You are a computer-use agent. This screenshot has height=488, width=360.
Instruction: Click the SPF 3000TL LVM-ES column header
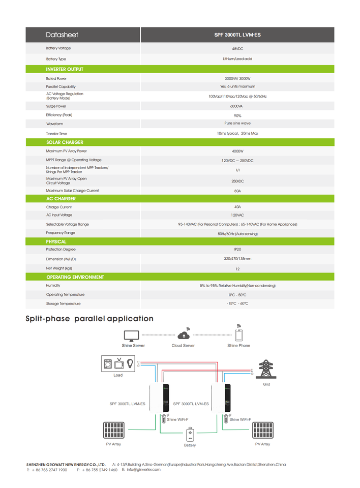(237, 35)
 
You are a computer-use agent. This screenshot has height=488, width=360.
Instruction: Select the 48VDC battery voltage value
(237, 49)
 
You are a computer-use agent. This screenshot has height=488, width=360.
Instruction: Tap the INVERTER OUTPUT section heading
(65, 69)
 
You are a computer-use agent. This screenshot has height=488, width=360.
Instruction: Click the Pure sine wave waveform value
(237, 124)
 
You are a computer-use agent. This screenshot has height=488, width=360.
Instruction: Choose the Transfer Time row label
(56, 134)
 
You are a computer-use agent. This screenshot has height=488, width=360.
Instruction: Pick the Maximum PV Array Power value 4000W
(237, 151)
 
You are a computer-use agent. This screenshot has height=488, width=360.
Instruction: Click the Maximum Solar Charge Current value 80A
(237, 191)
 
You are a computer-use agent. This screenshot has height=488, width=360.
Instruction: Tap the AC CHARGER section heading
(61, 199)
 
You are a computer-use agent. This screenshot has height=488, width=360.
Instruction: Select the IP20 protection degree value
(237, 250)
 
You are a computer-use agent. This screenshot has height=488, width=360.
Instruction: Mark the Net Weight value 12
(237, 269)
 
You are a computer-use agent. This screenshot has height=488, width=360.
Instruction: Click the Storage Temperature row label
(63, 303)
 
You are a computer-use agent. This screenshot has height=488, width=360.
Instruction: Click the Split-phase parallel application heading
(89, 319)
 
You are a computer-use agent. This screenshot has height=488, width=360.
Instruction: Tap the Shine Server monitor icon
(132, 335)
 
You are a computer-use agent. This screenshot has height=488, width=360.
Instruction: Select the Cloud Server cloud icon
(183, 334)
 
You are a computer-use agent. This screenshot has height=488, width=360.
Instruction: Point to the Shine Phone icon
(238, 334)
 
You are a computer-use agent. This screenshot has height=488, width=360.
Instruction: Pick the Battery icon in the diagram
(190, 435)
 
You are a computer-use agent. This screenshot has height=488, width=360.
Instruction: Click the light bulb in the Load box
(130, 363)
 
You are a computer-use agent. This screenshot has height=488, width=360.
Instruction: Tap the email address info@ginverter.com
(143, 470)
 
